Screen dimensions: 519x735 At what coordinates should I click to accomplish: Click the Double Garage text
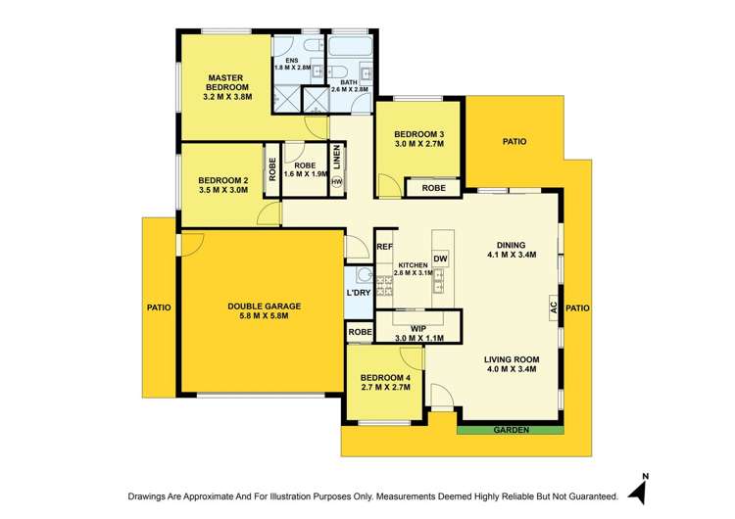(x=264, y=306)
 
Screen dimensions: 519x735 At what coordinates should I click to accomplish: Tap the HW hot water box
(x=337, y=182)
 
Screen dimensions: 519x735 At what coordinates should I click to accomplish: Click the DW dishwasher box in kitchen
(x=441, y=259)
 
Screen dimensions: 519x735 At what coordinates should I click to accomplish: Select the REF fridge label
(x=384, y=247)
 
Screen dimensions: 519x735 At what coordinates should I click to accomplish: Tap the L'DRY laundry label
(x=359, y=294)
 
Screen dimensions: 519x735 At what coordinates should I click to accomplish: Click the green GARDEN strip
(x=511, y=430)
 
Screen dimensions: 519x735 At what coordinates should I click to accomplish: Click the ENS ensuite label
(x=291, y=60)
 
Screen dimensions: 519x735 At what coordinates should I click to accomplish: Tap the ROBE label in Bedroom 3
(x=433, y=188)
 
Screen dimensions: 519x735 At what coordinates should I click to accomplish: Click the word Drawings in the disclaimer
(x=152, y=496)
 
